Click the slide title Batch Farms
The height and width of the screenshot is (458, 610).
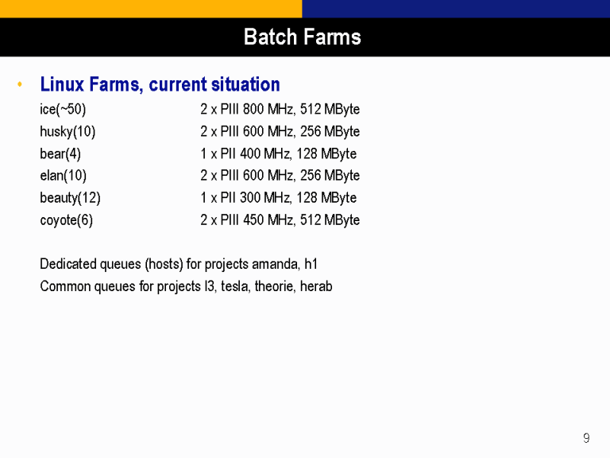[303, 37]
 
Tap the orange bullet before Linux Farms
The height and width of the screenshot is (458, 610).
[20, 83]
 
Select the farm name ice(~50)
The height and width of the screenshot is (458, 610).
[63, 109]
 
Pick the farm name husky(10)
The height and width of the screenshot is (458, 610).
[68, 131]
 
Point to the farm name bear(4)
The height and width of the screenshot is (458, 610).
[60, 153]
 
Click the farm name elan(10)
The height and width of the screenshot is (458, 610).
[63, 175]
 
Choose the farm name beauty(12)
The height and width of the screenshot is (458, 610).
[70, 198]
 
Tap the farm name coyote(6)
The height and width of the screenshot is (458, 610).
[67, 220]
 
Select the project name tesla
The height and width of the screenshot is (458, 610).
[235, 286]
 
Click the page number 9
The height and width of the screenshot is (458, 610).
[586, 438]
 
